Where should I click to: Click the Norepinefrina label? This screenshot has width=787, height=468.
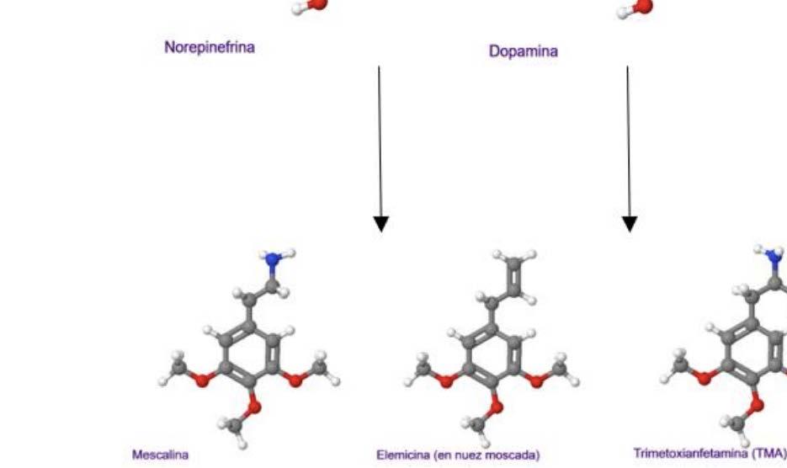point(209,47)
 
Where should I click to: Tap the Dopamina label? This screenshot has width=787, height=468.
point(523,51)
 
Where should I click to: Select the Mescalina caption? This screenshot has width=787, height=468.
point(160,455)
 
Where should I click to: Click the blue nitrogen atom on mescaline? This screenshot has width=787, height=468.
point(273,261)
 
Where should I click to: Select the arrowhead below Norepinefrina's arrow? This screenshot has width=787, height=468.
point(380,223)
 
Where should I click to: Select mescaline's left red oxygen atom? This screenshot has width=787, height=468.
point(203,380)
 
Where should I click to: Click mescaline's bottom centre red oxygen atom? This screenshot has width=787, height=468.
point(254,409)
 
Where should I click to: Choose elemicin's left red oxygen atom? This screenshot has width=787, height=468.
point(446,380)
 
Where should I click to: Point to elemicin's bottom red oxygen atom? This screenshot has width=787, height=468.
point(497,409)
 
